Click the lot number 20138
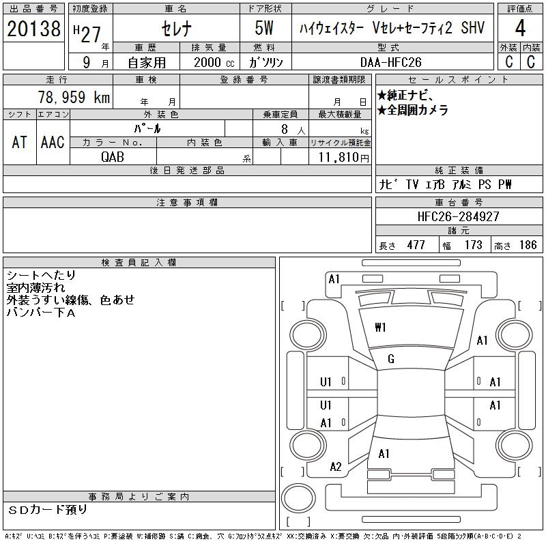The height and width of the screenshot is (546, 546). coord(33,29)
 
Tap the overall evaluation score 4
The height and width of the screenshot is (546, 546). coord(520,28)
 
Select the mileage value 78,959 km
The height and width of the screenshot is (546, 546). coord(74,97)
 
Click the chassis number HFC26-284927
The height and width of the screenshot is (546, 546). coord(458,216)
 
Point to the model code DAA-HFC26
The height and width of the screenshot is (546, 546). coord(390,62)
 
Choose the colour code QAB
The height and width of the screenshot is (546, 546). coord(113,157)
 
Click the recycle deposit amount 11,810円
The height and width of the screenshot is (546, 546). coord(344,158)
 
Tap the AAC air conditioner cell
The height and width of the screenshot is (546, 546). coord(53,142)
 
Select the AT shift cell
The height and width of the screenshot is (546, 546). coord(20,142)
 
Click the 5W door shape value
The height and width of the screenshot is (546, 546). coord(264,28)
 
